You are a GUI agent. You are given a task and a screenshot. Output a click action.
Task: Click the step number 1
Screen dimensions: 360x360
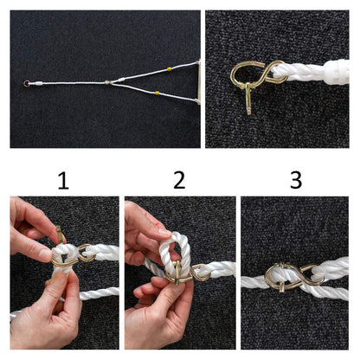pos(63,181)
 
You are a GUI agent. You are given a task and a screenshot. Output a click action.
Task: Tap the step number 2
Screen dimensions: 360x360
pos(179,180)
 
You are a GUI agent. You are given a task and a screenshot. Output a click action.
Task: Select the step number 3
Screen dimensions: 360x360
pos(296,180)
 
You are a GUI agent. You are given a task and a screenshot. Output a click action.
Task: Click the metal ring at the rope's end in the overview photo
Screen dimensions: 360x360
pos(26,84)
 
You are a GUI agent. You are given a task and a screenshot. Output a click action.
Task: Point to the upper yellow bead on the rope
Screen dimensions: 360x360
pos(169,69)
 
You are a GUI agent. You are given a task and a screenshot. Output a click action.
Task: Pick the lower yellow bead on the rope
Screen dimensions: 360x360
pos(157,93)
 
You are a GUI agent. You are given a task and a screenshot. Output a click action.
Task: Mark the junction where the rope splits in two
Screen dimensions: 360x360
pos(108,83)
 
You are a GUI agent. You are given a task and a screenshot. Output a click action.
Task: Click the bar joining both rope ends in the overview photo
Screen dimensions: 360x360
pos(198,81)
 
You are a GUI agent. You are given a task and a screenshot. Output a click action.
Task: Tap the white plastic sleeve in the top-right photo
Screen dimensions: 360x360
pos(337,72)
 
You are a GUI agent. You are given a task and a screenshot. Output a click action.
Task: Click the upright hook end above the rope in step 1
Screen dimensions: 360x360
pos(60,235)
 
